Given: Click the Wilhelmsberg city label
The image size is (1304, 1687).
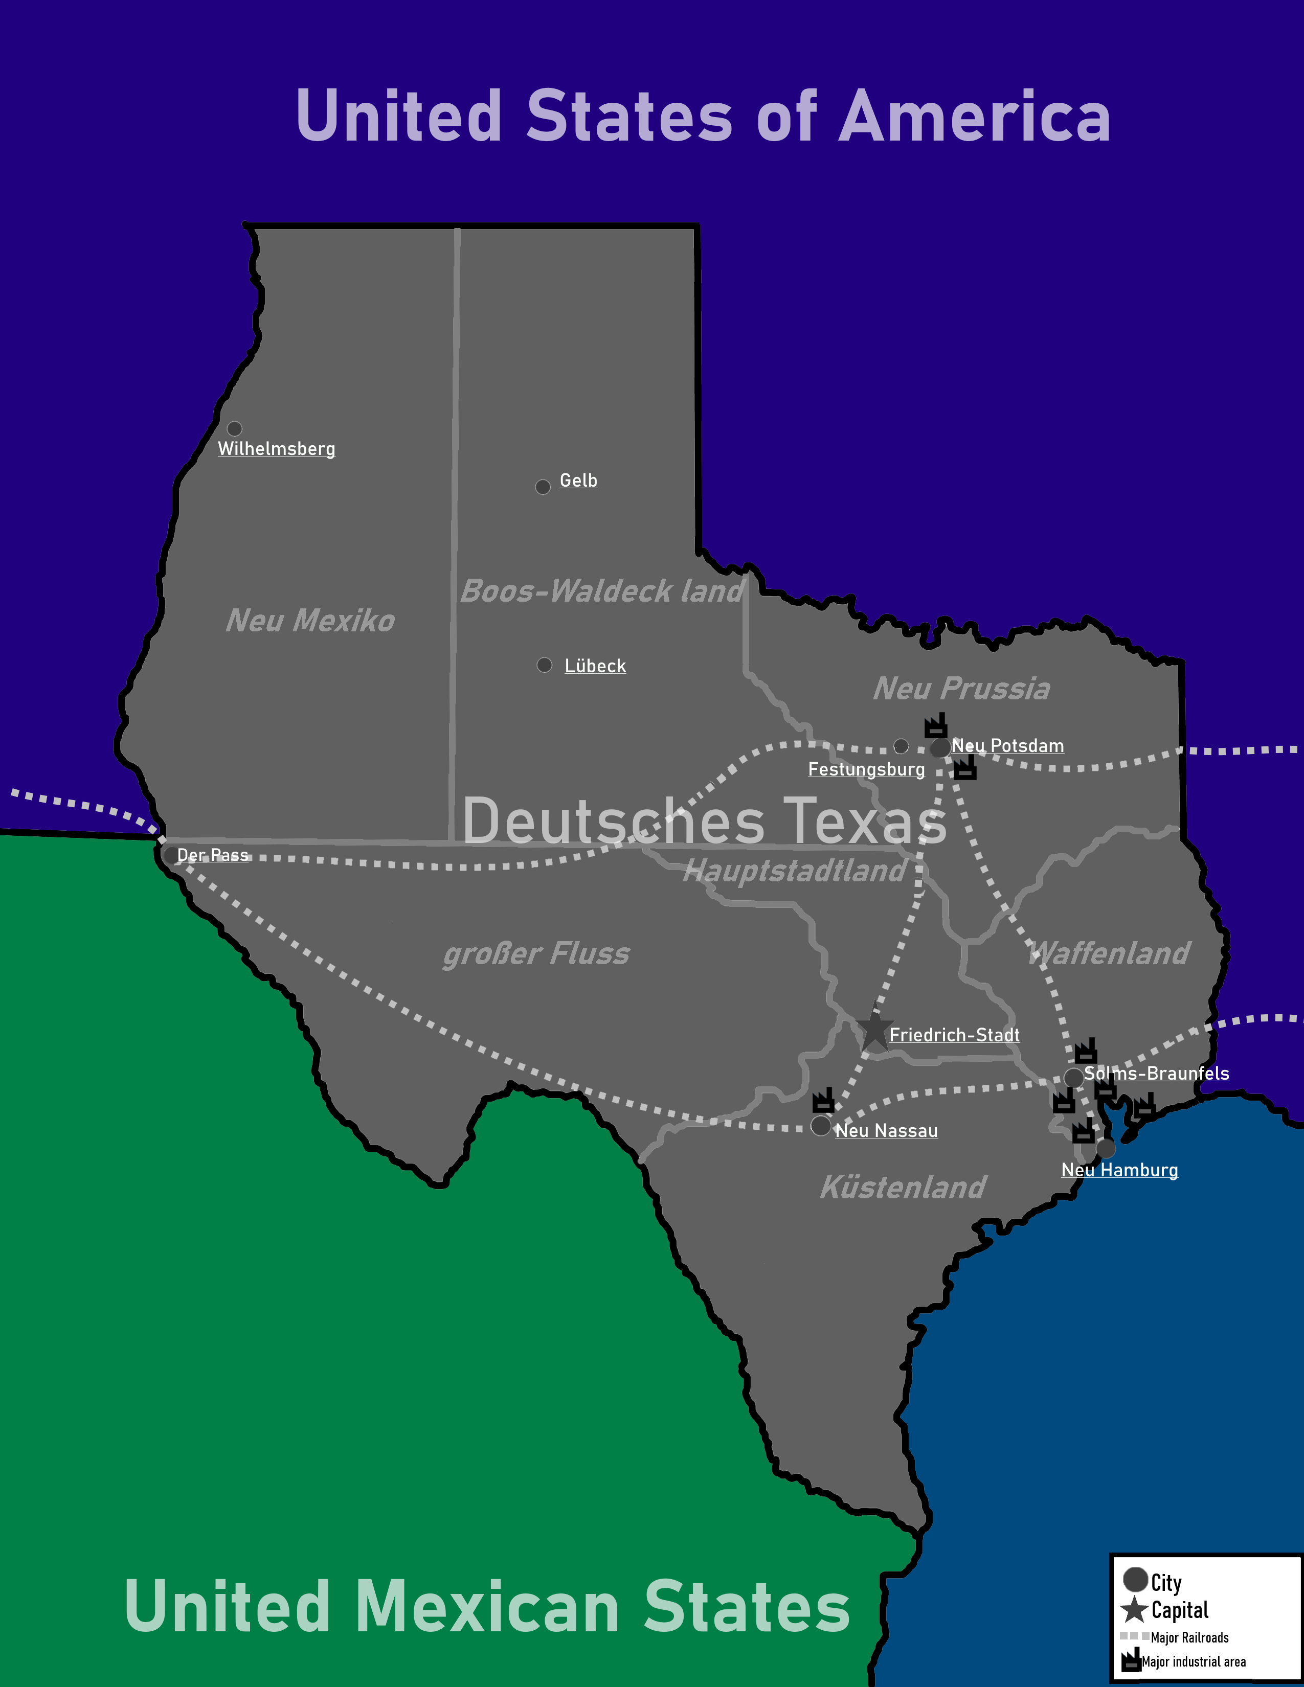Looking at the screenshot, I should tap(277, 449).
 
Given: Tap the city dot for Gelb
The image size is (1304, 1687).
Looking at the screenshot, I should tap(543, 487).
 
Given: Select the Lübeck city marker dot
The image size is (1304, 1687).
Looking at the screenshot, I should tap(545, 665).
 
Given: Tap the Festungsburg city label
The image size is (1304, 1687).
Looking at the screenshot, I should tap(866, 769).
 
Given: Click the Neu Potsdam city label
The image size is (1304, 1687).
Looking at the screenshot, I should tap(1007, 745).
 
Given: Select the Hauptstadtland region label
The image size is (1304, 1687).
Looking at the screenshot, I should tap(795, 871).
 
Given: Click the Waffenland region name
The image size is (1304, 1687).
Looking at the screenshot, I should tap(1109, 953).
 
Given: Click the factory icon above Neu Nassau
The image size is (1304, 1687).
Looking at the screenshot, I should tap(823, 1100).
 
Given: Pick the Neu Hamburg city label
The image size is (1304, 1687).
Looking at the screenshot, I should tap(1119, 1170).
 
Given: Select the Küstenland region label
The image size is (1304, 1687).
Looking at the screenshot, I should tap(903, 1187).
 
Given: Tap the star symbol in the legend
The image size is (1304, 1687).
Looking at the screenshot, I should tap(1134, 1610).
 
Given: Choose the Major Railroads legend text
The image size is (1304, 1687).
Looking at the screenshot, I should tap(1189, 1637).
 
